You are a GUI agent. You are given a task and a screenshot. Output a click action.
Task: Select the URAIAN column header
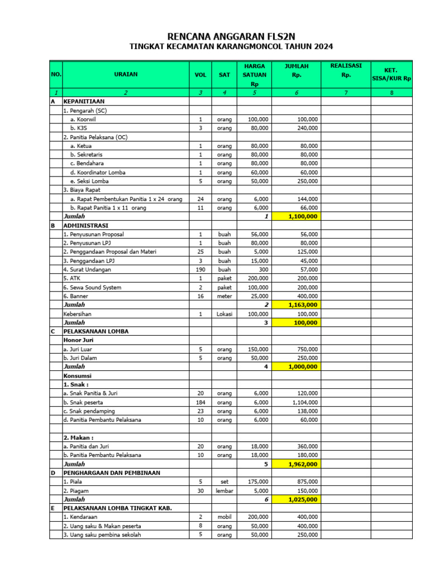125,74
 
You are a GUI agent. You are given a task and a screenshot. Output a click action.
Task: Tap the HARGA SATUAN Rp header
254,75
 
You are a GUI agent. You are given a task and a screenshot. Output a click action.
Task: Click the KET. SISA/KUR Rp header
391,75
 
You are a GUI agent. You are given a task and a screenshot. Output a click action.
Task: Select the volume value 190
200,269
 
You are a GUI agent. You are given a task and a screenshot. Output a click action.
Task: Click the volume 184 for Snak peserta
200,402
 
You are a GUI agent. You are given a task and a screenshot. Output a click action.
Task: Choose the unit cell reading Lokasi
224,314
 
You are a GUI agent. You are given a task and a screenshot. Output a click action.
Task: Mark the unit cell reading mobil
224,517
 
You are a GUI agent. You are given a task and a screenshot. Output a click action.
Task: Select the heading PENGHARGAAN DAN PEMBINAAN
112,473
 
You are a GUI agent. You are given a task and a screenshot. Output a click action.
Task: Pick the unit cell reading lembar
224,490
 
